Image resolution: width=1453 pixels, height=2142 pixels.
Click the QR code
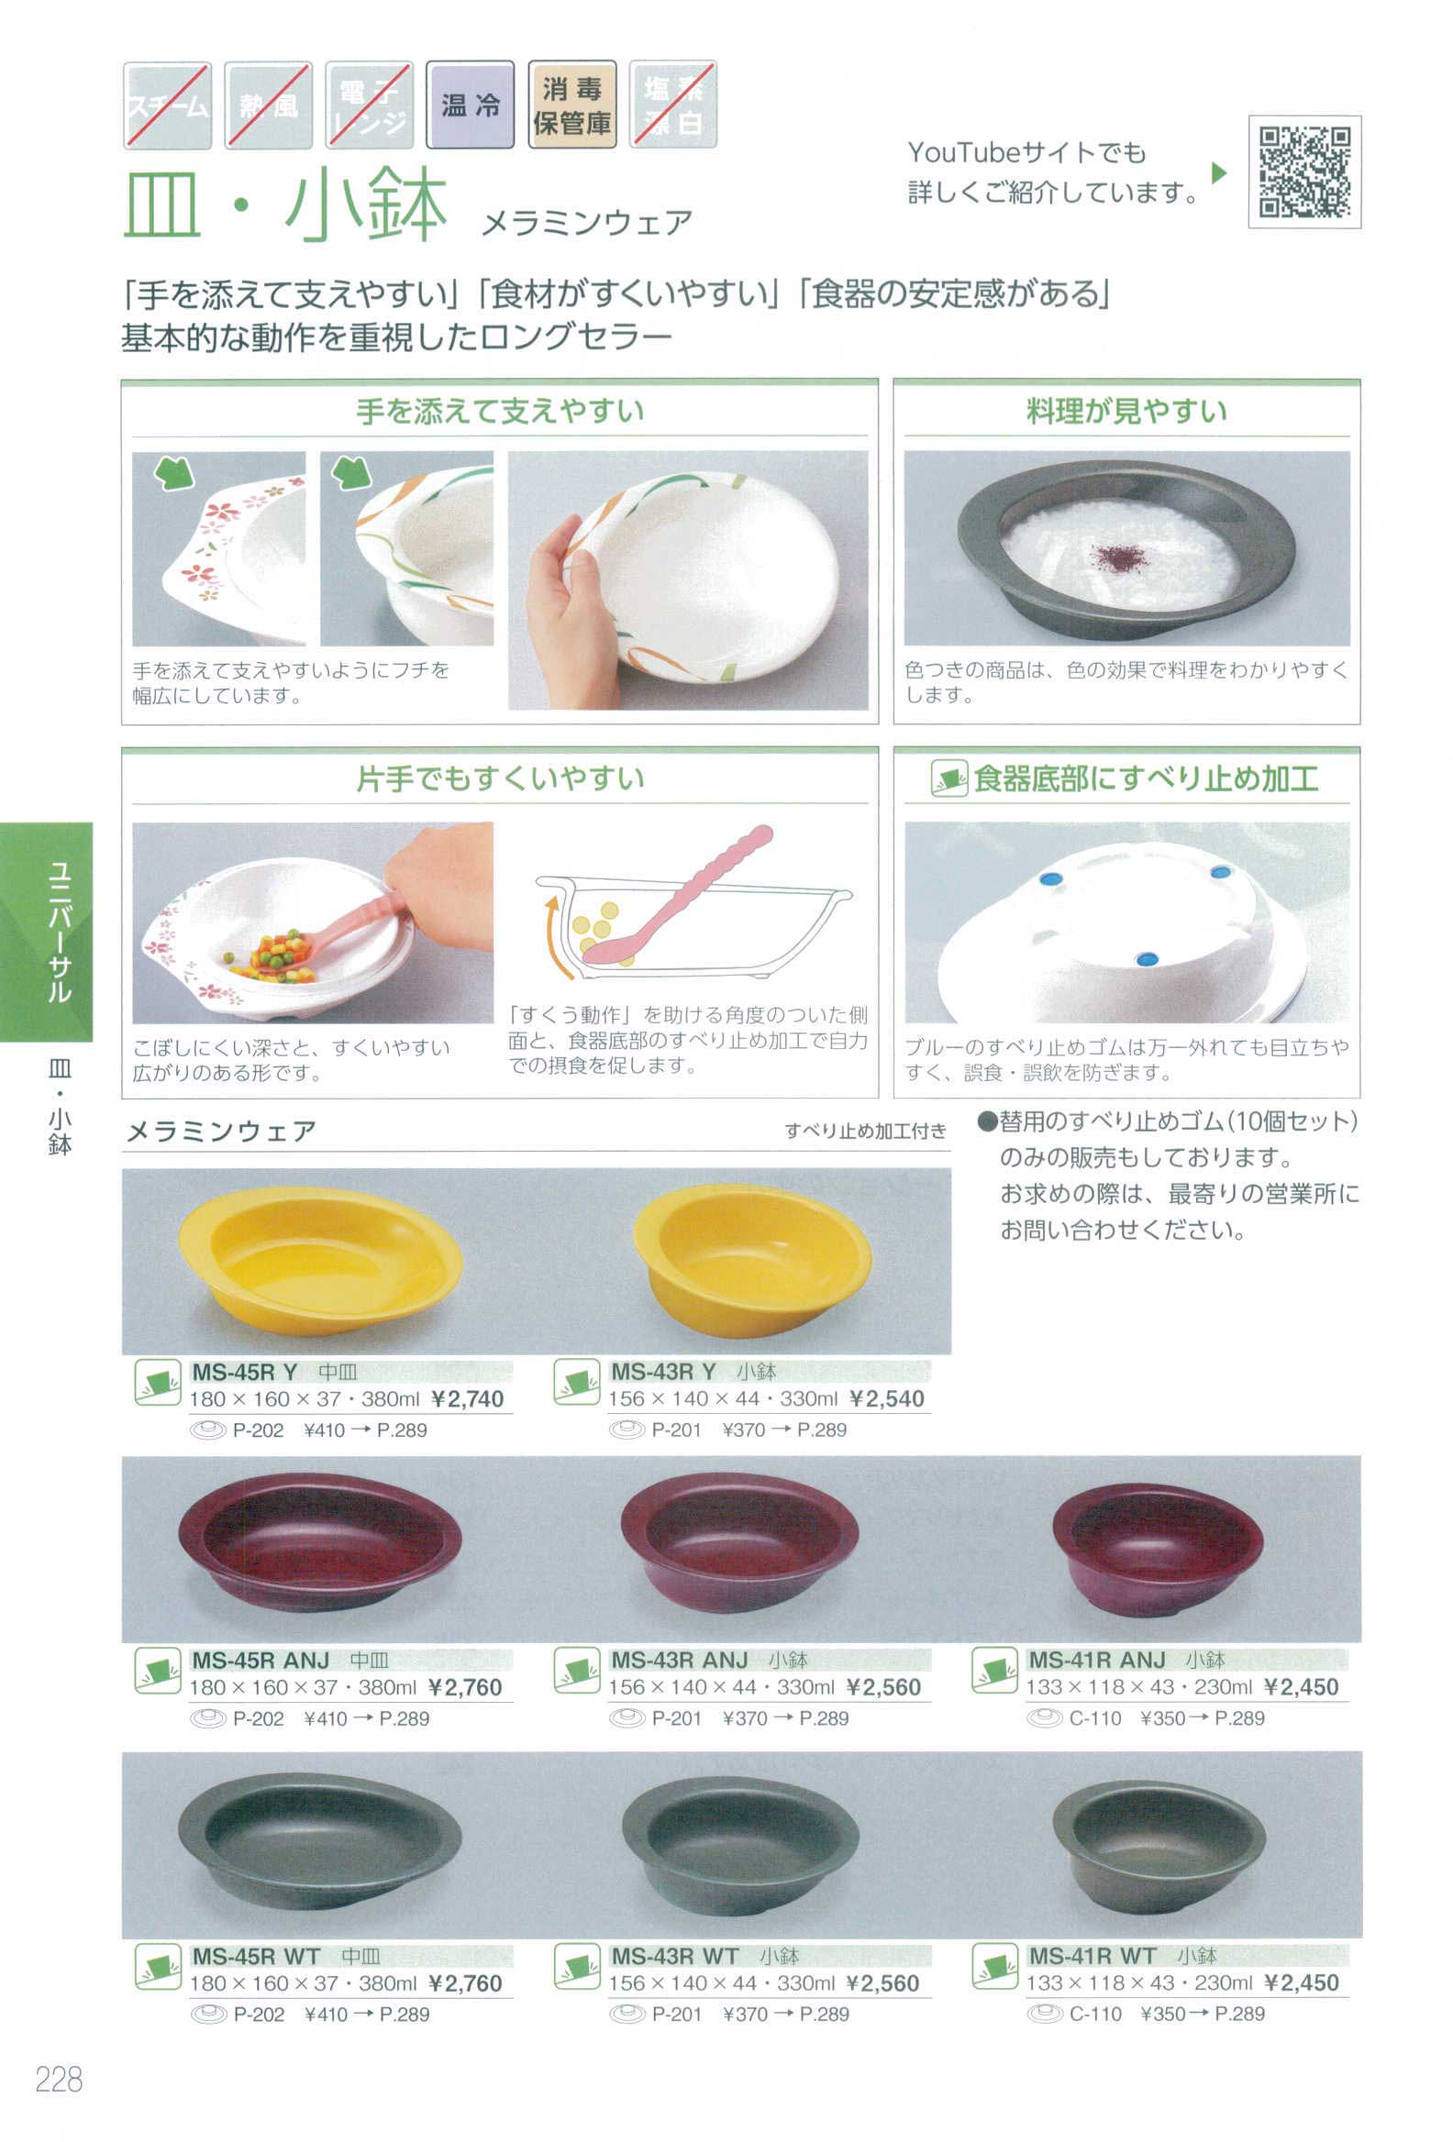pos(1303,171)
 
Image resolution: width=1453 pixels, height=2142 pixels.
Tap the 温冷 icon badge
pos(470,105)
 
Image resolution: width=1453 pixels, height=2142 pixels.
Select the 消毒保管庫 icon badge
pos(571,105)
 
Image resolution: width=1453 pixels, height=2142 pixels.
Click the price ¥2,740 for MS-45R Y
pos(469,1398)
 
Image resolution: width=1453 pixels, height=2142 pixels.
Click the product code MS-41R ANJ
pos(1096,1659)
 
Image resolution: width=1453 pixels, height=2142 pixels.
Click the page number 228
pos(59,2080)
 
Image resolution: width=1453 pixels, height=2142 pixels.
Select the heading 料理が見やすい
pos(1126,411)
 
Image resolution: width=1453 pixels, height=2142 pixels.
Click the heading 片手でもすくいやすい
pos(500,778)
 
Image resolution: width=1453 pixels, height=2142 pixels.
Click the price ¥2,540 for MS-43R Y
pos(886,1398)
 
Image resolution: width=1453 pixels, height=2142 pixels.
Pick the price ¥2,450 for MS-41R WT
pos(1302,1982)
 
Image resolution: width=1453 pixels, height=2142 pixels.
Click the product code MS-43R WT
pos(676,1956)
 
